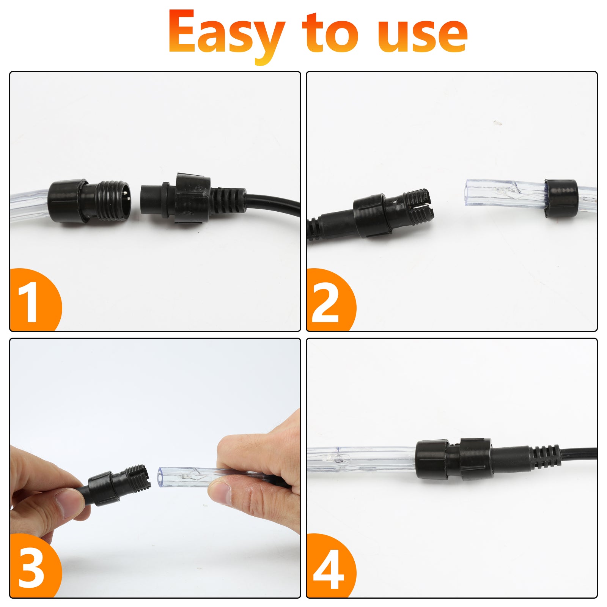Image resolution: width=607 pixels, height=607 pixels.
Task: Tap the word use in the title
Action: (x=422, y=35)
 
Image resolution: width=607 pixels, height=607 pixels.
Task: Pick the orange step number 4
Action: (x=328, y=568)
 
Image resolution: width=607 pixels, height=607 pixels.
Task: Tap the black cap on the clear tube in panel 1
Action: (x=65, y=203)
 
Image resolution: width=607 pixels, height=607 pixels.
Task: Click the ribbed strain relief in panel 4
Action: (x=544, y=456)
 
